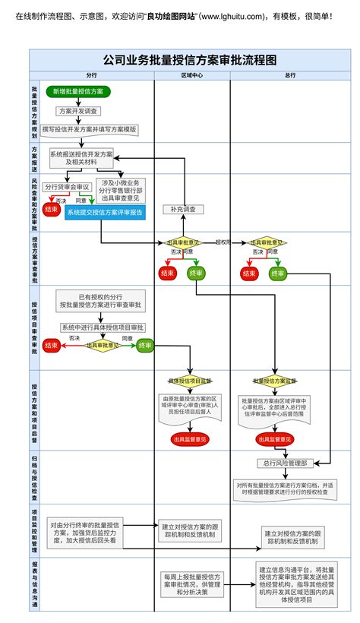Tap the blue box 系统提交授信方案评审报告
pos(104,213)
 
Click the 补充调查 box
pos(182,209)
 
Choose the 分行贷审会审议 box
pos(67,186)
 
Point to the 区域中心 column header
pos(191,75)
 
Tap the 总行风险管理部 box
pos(286,463)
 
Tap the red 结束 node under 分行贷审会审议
pos(52,209)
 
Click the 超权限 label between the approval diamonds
pos(223,242)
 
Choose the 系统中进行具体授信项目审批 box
pos(102,327)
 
